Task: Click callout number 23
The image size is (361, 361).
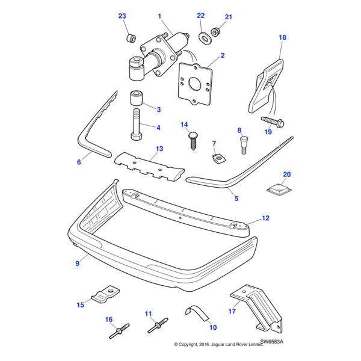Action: (122, 16)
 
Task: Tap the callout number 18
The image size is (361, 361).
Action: (282, 37)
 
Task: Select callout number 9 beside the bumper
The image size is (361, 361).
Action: (77, 264)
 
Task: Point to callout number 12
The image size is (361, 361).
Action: (265, 218)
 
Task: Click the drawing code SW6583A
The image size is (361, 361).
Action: (271, 341)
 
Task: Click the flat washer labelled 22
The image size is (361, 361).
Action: (204, 39)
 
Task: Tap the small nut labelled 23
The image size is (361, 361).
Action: (128, 39)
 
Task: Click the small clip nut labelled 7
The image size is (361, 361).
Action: (218, 159)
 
